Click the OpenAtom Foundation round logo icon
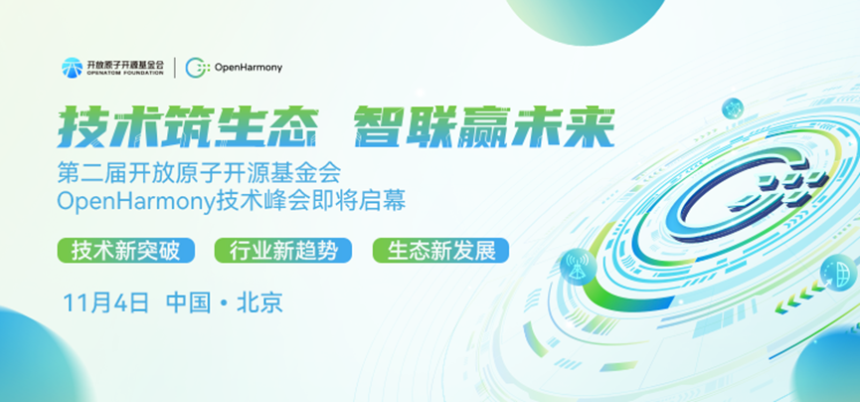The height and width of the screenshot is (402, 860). coord(72,68)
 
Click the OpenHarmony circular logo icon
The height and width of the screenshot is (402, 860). coord(198,68)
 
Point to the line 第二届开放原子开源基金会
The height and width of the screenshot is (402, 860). coord(200,172)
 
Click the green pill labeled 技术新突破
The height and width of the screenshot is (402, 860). coord(125,250)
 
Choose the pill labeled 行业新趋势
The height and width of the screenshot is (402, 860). coord(283,250)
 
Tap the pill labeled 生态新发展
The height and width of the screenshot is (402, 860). coord(440,250)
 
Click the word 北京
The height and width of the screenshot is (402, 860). coord(260,301)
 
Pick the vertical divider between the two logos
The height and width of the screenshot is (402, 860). coord(176,68)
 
